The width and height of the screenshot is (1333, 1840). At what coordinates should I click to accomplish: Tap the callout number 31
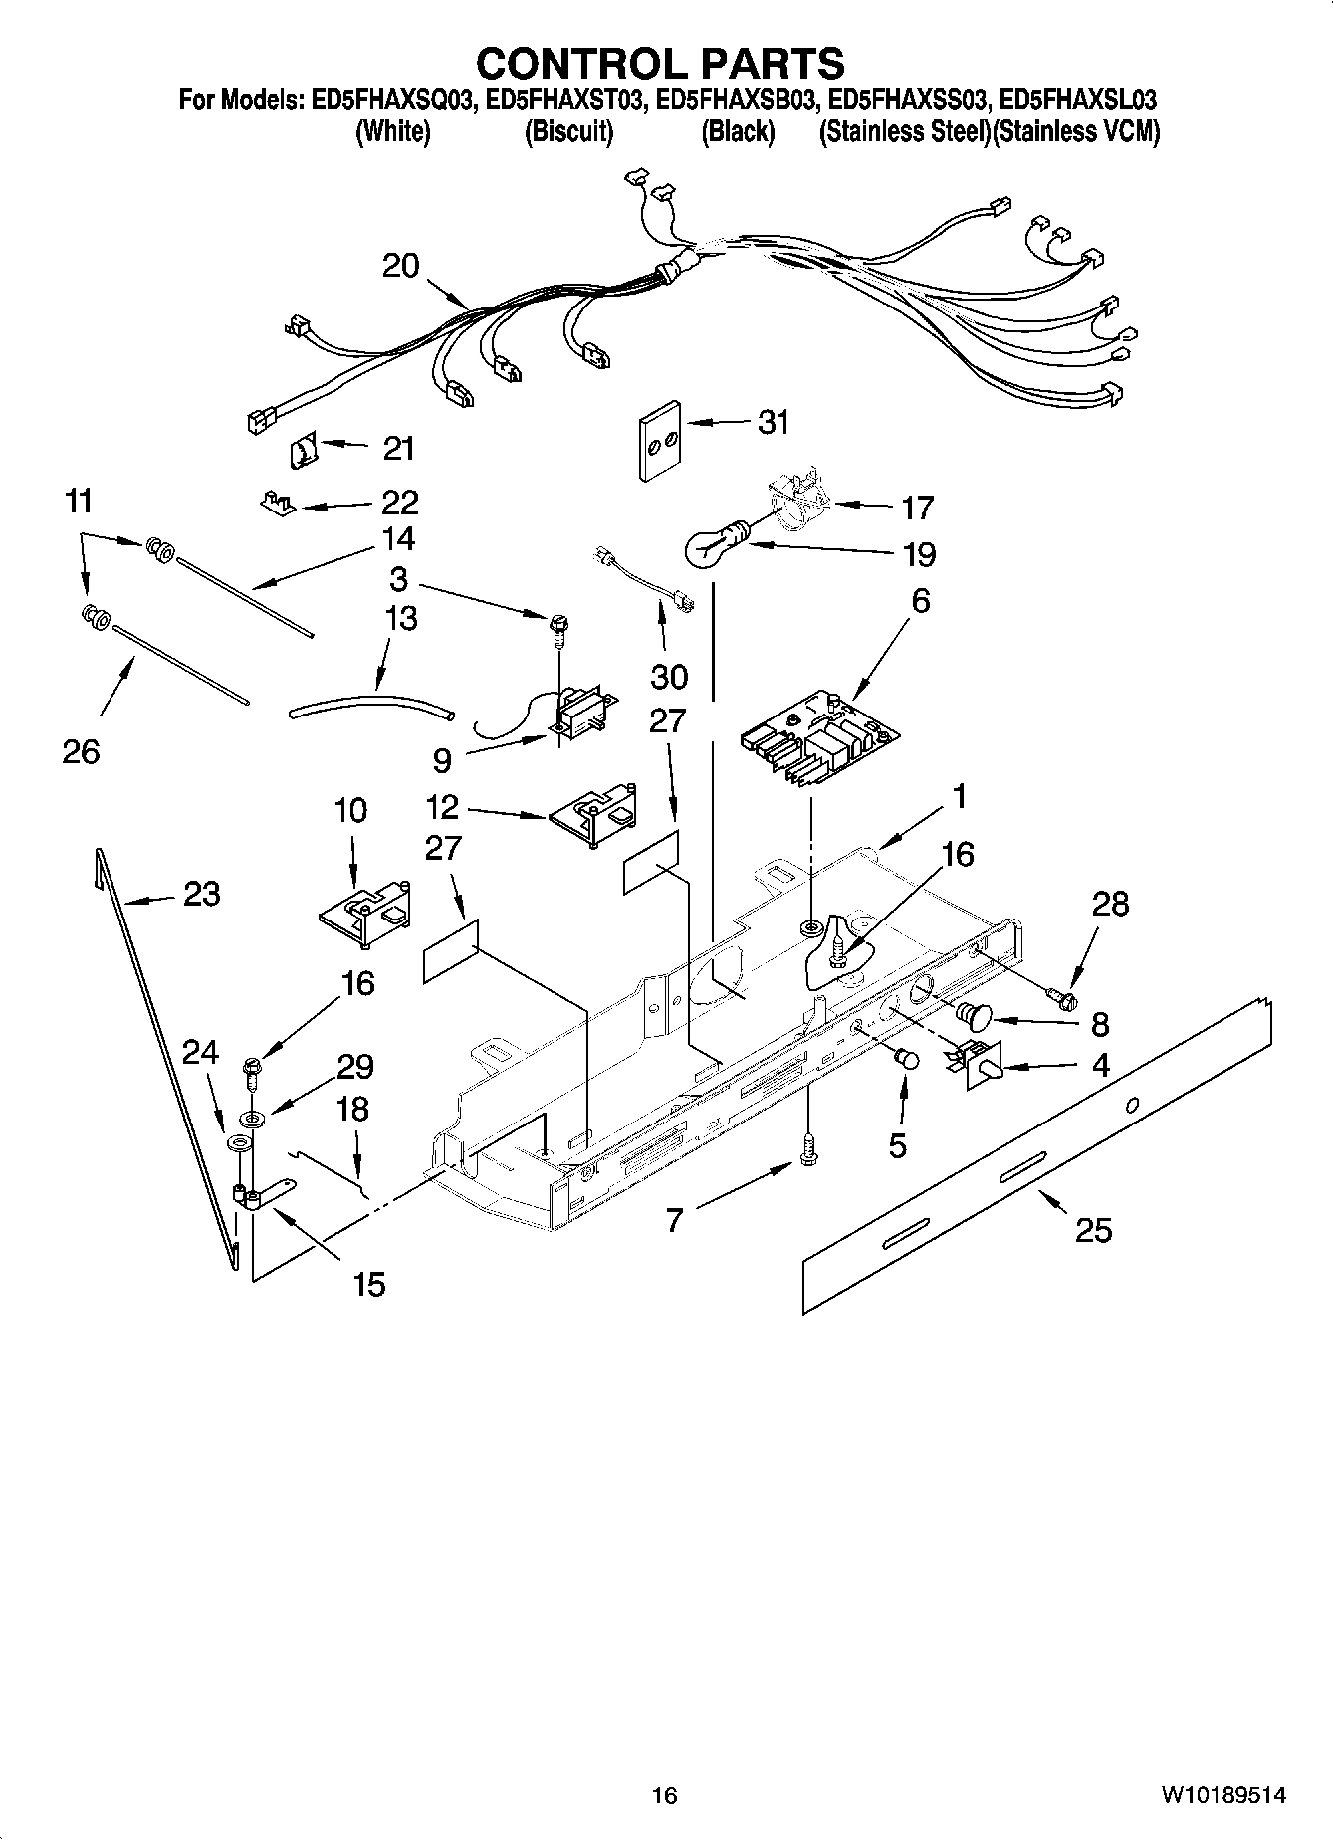click(x=773, y=422)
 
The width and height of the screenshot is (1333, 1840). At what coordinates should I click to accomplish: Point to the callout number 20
click(x=401, y=266)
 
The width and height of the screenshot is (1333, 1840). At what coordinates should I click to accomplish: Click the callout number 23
click(x=201, y=894)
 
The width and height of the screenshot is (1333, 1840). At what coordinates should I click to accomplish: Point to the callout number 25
click(x=1093, y=1230)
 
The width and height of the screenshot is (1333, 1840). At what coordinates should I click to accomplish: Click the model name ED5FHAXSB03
click(x=739, y=101)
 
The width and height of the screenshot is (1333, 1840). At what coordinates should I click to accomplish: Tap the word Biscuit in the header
click(x=568, y=132)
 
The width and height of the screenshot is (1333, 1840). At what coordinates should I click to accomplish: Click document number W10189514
click(x=1222, y=1796)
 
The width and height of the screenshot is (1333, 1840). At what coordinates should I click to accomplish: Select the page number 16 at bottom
click(x=664, y=1796)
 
